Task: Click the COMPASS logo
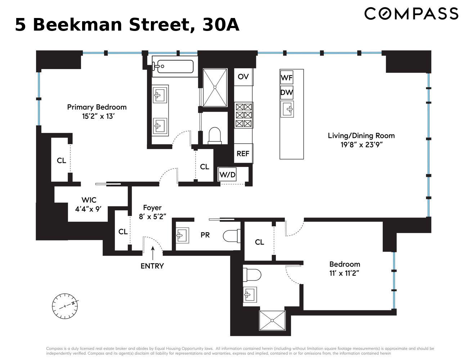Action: (411, 14)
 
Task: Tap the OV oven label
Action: (243, 77)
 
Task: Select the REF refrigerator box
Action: (243, 154)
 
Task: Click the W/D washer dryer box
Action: (228, 175)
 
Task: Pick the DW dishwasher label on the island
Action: (287, 93)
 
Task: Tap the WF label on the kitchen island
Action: (287, 77)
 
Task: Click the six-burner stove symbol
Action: (243, 115)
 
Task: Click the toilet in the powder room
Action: (231, 236)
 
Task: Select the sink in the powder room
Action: (182, 235)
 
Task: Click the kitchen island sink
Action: (287, 109)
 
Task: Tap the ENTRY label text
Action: (152, 266)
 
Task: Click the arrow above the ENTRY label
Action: (152, 252)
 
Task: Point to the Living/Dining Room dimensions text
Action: (361, 145)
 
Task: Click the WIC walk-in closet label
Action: (89, 200)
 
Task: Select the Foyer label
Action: (152, 208)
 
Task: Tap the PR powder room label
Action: (205, 235)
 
